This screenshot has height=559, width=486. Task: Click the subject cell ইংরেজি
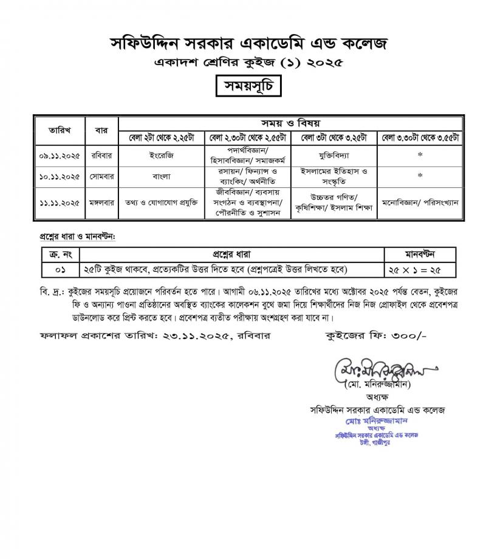pos(162,155)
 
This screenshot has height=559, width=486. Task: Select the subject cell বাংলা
pos(162,176)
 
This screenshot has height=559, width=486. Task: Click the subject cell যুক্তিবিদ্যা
pos(335,155)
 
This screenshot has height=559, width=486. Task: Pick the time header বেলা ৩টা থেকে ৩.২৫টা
pos(335,136)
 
